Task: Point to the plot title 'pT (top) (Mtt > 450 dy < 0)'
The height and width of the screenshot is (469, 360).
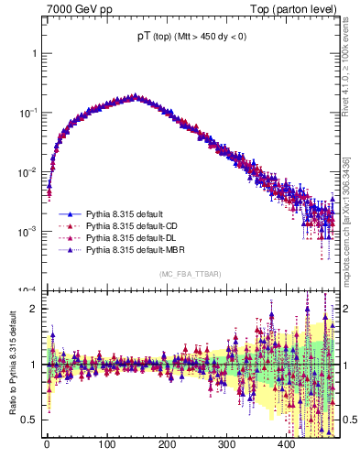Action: point(191,37)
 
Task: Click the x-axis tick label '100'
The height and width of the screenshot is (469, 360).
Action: point(106,444)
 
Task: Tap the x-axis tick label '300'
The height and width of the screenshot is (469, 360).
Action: point(226,444)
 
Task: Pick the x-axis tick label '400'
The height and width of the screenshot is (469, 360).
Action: point(286,444)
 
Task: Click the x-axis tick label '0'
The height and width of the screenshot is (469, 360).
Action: point(47,444)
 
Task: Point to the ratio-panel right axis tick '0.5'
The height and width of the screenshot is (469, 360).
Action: point(348,420)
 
